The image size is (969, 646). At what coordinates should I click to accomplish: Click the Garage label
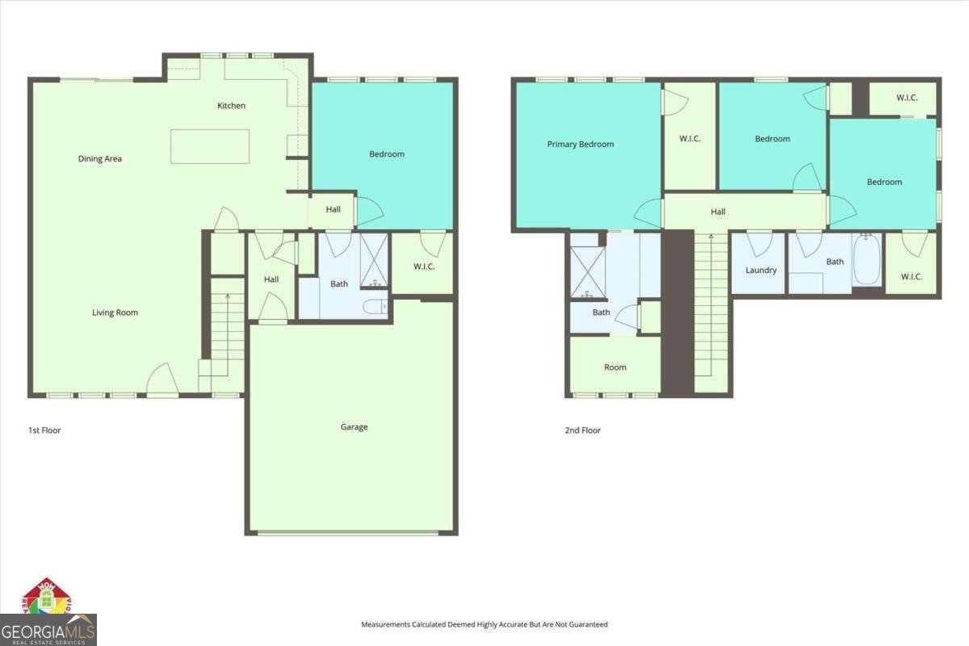[x=354, y=427]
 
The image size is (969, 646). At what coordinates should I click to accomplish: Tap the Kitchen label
[x=231, y=106]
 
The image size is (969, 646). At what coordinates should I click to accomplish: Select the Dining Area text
[x=100, y=159]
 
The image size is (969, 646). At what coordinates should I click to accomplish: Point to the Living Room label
[x=115, y=313]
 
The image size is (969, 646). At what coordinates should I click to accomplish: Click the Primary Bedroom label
[x=580, y=145]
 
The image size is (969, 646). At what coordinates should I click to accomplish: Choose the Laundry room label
[x=761, y=271]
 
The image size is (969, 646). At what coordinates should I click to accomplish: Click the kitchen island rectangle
[x=209, y=146]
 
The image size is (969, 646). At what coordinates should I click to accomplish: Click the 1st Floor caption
[x=44, y=430]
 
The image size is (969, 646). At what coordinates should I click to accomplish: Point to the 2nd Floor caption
[x=582, y=430]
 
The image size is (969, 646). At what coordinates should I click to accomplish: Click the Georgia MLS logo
[x=48, y=628]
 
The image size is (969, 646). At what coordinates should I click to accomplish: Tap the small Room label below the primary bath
[x=615, y=367]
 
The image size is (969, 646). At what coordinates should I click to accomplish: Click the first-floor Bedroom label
[x=387, y=154]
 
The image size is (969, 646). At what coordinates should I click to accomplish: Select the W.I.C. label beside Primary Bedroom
[x=690, y=139]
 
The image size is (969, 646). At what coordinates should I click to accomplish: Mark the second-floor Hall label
[x=718, y=212]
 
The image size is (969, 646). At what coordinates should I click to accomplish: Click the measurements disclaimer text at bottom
[x=484, y=624]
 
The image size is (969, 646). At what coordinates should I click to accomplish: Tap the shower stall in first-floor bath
[x=375, y=260]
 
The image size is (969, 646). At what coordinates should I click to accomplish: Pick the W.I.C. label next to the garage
[x=424, y=266]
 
